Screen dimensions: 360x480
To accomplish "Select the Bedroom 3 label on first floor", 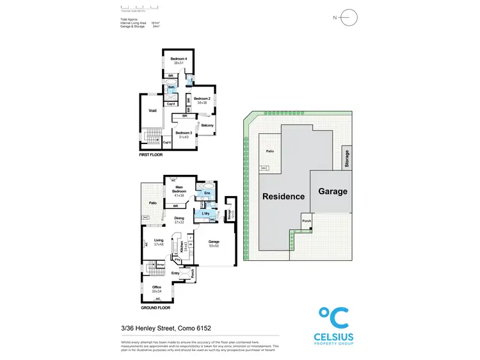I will (184, 134).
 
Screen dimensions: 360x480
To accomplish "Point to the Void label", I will (152, 111).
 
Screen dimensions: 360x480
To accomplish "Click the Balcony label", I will (207, 125).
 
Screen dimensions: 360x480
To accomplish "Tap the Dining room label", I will (179, 219).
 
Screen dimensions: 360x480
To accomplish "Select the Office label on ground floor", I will (156, 288).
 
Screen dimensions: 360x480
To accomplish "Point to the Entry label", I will (175, 273).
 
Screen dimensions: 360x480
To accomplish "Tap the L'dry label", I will (206, 213).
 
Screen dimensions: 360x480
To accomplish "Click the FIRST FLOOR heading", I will (151, 156).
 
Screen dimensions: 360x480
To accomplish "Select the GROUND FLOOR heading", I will (156, 308).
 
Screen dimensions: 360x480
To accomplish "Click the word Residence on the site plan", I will (282, 196).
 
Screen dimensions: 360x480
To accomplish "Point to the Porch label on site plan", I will (307, 221).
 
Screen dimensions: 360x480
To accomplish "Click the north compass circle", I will (349, 17).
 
